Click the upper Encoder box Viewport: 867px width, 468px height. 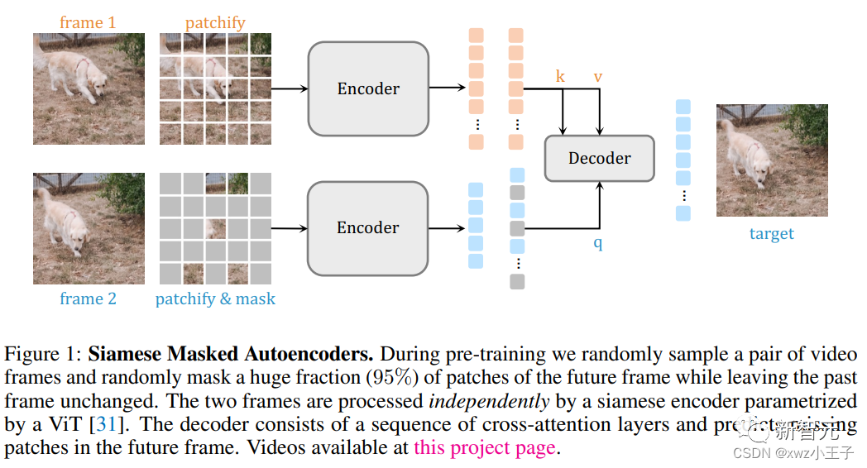(368, 88)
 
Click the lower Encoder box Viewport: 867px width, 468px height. (368, 227)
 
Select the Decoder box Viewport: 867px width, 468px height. (599, 158)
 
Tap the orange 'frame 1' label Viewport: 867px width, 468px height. (88, 22)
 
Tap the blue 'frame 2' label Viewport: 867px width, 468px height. (88, 298)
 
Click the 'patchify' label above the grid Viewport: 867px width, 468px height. (215, 22)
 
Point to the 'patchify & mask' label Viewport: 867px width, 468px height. (215, 298)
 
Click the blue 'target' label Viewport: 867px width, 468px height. (771, 233)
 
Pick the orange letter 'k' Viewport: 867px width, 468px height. (560, 77)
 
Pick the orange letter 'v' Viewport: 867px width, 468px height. (597, 77)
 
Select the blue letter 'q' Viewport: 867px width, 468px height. (597, 243)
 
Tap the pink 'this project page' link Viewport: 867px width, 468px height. (484, 448)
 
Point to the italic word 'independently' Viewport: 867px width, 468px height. (488, 401)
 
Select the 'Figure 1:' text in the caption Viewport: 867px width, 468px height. (43, 355)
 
